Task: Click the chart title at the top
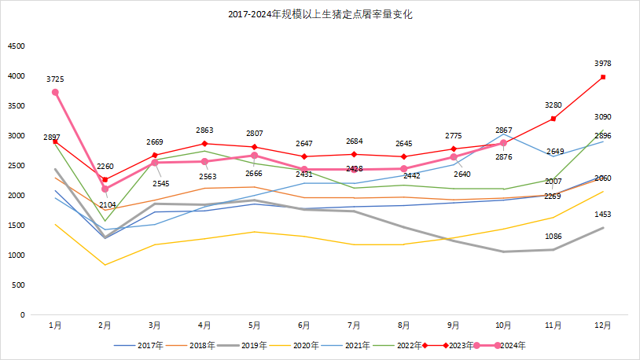click(x=320, y=15)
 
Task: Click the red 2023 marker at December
click(x=603, y=77)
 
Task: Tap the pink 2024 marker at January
click(x=55, y=92)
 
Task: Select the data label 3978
click(x=603, y=64)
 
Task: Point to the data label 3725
click(x=55, y=79)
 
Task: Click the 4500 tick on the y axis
click(x=17, y=46)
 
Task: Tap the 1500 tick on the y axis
click(x=17, y=226)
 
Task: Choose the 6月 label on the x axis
click(x=304, y=324)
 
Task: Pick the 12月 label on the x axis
click(x=603, y=324)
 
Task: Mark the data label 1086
click(x=554, y=237)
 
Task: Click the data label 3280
click(x=554, y=105)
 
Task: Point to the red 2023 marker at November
click(x=554, y=119)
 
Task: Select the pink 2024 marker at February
click(x=105, y=189)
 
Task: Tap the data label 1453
click(x=603, y=214)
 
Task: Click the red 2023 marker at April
click(x=204, y=144)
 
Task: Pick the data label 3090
click(x=603, y=117)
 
